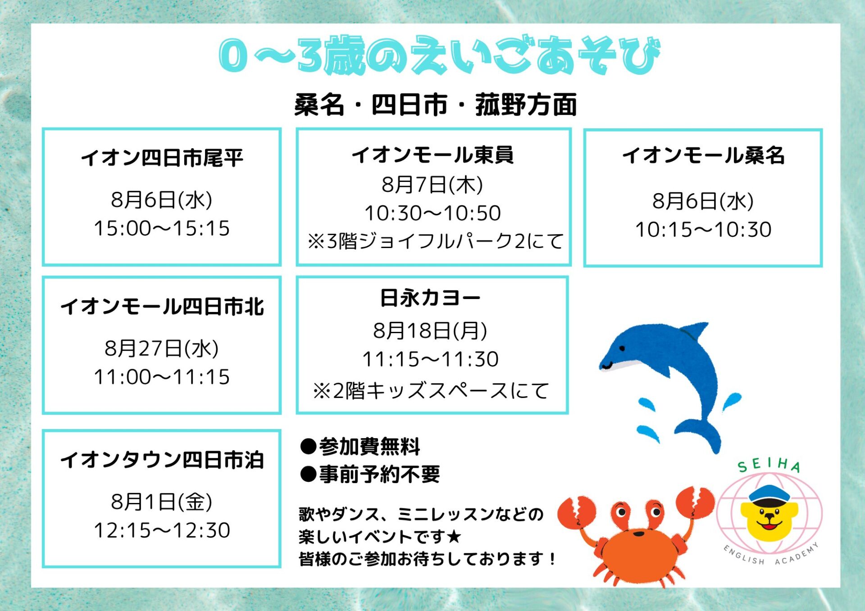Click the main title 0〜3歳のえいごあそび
click(x=439, y=55)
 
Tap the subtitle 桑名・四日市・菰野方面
click(x=436, y=104)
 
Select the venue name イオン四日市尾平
click(x=162, y=158)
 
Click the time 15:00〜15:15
click(x=162, y=228)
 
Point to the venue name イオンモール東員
click(x=432, y=154)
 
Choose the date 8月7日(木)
click(x=432, y=185)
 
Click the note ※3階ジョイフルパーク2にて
click(x=435, y=241)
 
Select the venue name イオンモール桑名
click(x=703, y=155)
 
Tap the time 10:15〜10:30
click(x=703, y=229)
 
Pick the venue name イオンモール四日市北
click(x=162, y=307)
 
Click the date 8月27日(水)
click(x=162, y=348)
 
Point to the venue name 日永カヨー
click(x=430, y=298)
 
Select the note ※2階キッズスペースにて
click(x=431, y=390)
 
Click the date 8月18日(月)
click(x=430, y=330)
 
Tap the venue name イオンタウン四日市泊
click(x=162, y=460)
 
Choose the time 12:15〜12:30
click(x=162, y=530)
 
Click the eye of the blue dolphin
click(x=622, y=348)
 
